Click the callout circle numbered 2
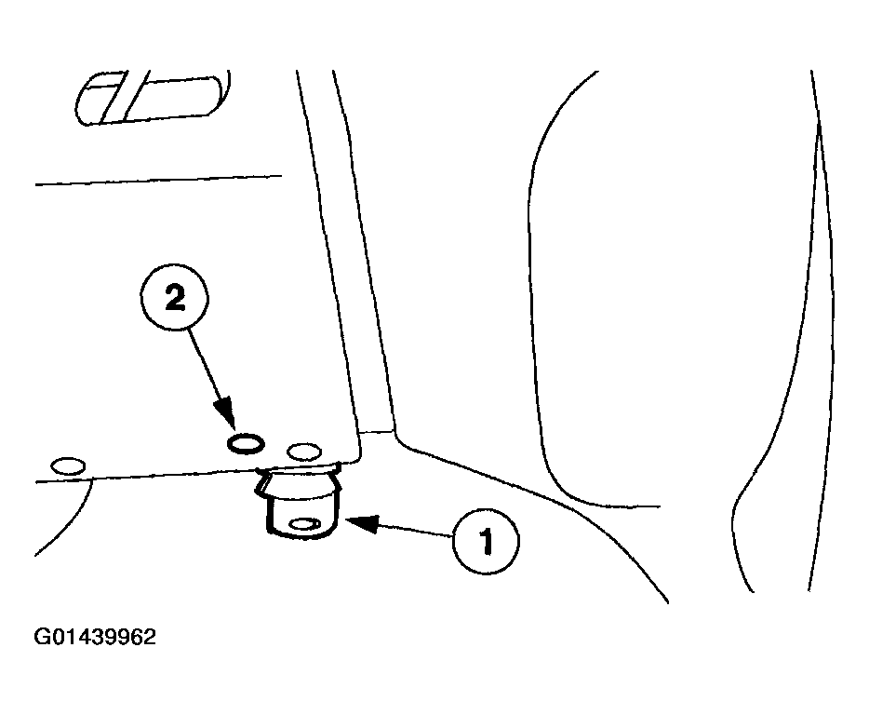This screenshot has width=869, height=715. pyautogui.click(x=175, y=299)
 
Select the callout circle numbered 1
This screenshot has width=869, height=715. pyautogui.click(x=486, y=540)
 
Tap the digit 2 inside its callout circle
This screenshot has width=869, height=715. pyautogui.click(x=175, y=299)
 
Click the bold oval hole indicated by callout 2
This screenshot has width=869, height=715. pyautogui.click(x=246, y=444)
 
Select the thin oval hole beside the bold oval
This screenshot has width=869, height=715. pyautogui.click(x=304, y=452)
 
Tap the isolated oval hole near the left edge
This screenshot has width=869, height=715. pyautogui.click(x=68, y=465)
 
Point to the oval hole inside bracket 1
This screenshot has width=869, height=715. pyautogui.click(x=305, y=523)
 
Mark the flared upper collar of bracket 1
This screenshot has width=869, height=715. pyautogui.click(x=298, y=479)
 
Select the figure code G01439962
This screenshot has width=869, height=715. pyautogui.click(x=95, y=637)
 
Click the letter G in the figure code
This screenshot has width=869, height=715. pyautogui.click(x=42, y=637)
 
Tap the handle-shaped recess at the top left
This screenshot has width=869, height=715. pyautogui.click(x=153, y=97)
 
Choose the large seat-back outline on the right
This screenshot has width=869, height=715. pyautogui.click(x=680, y=289)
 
